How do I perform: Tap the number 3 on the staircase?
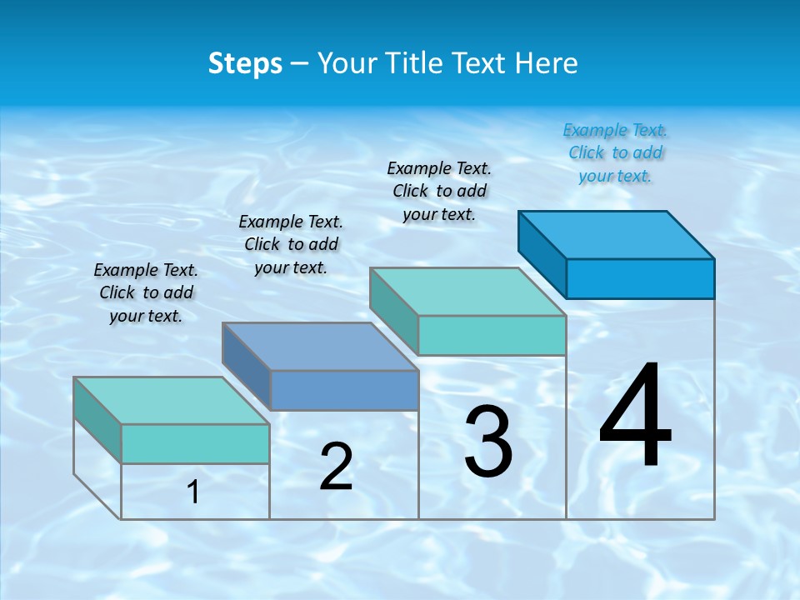487,442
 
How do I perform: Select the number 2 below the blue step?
336,467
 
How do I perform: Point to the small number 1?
193,492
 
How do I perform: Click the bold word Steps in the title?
245,63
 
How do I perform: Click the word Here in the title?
547,63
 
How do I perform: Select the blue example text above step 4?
615,152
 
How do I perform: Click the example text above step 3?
439,191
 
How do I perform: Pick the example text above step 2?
291,244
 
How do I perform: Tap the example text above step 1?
146,292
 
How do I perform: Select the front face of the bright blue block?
640,278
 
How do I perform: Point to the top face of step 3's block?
467,292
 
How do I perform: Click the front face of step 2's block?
344,390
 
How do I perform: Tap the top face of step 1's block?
171,401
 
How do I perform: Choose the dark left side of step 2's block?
246,364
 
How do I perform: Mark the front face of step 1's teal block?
195,443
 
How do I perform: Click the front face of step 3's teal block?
492,335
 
